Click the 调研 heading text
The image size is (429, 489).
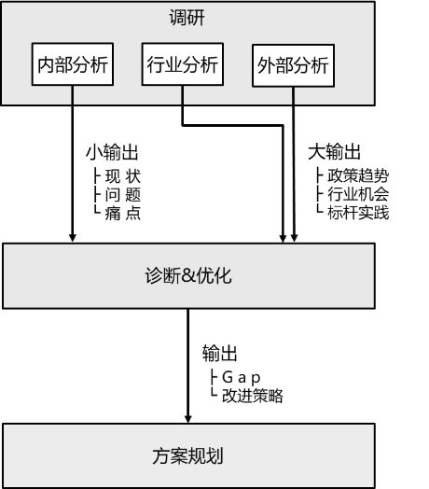187,18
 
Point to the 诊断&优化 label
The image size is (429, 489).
188,275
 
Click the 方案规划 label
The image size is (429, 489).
188,456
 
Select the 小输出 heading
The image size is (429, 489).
112,152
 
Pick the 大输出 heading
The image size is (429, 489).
334,152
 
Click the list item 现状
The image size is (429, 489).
123,176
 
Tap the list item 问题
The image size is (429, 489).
123,195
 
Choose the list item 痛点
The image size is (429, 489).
123,214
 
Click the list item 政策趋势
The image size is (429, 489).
358,175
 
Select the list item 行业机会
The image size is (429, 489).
358,194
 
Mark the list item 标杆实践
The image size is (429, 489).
358,213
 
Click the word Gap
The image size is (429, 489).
241,377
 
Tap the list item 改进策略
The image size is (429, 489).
253,396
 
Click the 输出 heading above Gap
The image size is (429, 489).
220,353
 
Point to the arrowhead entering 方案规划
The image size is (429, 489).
188,419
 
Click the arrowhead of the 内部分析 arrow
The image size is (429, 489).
73,238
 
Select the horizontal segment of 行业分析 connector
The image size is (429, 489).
232,125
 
